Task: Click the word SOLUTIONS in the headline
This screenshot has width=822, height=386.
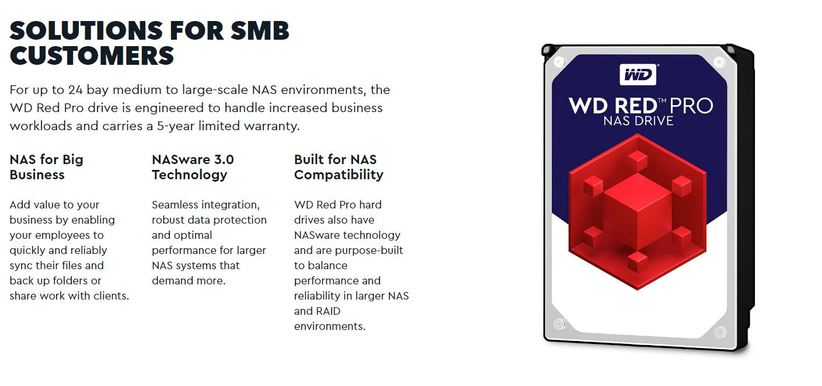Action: [x=86, y=30]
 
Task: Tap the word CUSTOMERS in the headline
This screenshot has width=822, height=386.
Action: [x=92, y=56]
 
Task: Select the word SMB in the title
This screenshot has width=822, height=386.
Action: [x=260, y=30]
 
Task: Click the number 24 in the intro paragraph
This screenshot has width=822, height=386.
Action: [x=75, y=90]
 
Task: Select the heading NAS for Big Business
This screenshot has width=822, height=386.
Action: [x=47, y=167]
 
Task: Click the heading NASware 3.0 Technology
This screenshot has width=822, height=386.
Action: [x=193, y=167]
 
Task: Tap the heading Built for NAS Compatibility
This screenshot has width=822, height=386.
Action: [x=339, y=167]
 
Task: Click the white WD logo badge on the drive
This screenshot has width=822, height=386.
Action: [x=638, y=75]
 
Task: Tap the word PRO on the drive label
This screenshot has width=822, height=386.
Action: [x=691, y=106]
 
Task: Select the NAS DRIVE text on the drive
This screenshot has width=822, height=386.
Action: [x=639, y=121]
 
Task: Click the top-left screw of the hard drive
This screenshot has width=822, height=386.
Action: [x=559, y=62]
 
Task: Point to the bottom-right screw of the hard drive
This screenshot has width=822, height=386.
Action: [x=719, y=332]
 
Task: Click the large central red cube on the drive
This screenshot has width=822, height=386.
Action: [x=638, y=212]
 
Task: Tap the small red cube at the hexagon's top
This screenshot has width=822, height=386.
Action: [x=638, y=161]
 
